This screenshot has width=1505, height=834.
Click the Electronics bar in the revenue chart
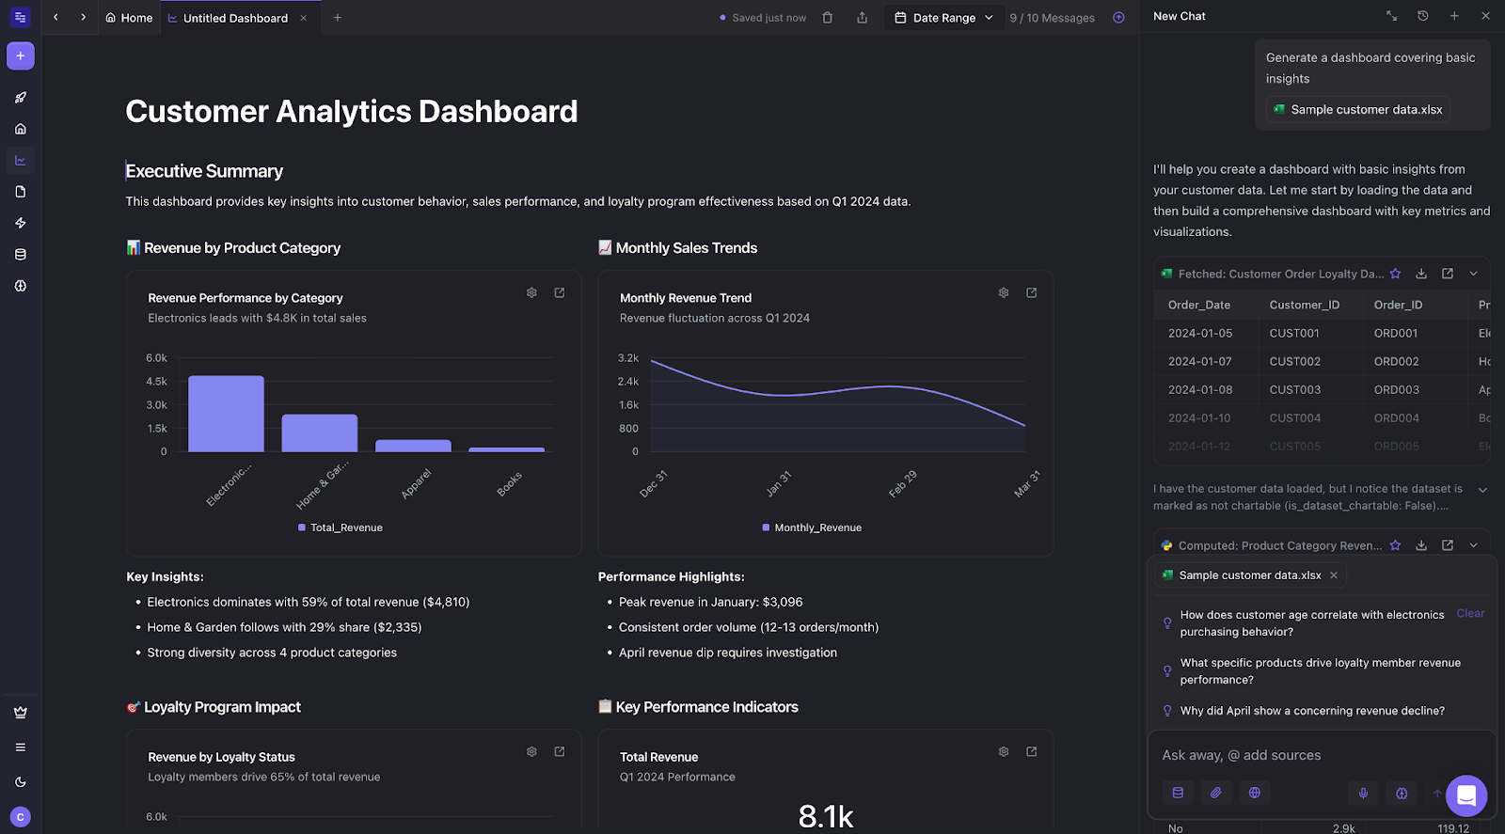click(x=226, y=414)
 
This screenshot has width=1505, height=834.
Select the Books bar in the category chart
click(x=506, y=449)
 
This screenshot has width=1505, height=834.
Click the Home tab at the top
click(x=129, y=18)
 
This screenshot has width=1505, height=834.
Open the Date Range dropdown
click(x=944, y=18)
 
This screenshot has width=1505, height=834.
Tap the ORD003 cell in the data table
click(x=1396, y=389)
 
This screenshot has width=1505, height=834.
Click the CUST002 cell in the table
click(x=1294, y=361)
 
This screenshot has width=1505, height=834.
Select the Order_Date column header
click(x=1198, y=305)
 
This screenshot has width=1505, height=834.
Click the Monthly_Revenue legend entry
click(x=816, y=527)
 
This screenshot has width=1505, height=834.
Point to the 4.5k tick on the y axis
click(x=156, y=382)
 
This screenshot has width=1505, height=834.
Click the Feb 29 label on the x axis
click(x=902, y=483)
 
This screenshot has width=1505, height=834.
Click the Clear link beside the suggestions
click(x=1470, y=613)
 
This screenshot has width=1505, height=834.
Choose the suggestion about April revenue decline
click(x=1311, y=711)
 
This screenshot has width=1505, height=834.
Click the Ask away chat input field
click(x=1298, y=755)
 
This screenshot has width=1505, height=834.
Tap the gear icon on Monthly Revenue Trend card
click(x=1004, y=293)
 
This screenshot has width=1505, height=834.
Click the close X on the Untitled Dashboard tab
click(x=304, y=18)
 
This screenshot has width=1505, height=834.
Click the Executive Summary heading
click(x=204, y=171)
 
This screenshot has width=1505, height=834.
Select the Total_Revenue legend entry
click(x=345, y=527)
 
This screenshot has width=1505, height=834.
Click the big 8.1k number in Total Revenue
click(x=826, y=815)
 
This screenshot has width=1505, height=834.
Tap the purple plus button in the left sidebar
click(x=21, y=55)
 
